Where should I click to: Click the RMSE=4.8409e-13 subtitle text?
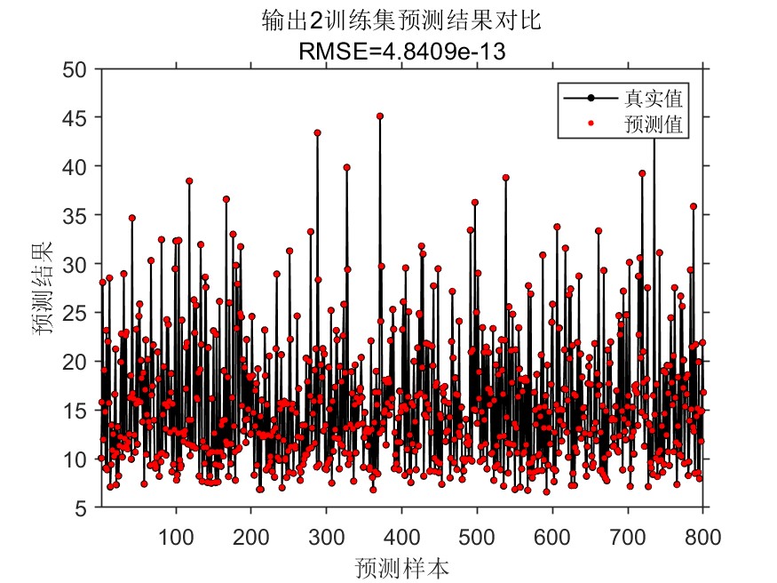(402, 52)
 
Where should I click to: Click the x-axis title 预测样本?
(401, 566)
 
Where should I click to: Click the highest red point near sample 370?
(380, 116)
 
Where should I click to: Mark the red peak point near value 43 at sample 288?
(317, 132)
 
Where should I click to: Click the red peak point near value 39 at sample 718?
(642, 174)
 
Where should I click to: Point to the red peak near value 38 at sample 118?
(189, 181)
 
